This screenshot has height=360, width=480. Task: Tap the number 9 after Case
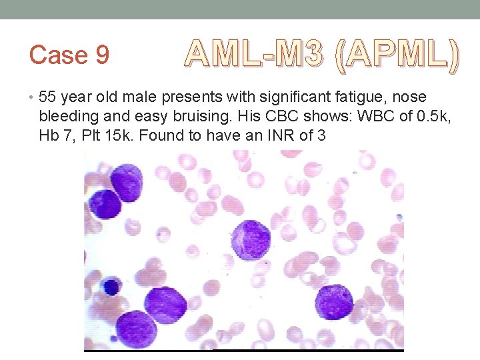102,55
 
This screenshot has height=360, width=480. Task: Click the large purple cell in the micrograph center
251,240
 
